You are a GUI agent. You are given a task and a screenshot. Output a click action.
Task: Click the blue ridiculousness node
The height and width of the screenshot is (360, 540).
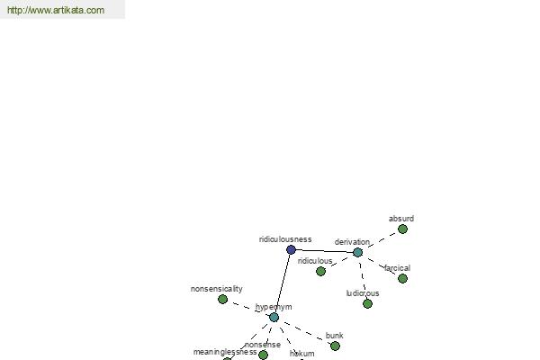(291, 249)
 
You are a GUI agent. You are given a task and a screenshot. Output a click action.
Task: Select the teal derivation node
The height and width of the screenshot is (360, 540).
(358, 252)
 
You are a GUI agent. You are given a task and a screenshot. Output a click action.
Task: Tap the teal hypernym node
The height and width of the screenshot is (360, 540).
(274, 318)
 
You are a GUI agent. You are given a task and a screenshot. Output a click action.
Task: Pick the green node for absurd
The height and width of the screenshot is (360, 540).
(402, 229)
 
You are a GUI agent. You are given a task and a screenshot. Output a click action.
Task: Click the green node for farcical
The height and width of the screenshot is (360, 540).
(402, 278)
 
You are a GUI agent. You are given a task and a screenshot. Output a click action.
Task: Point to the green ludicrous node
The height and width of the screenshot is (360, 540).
(367, 304)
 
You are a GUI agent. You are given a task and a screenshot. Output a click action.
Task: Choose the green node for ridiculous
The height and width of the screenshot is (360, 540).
(320, 272)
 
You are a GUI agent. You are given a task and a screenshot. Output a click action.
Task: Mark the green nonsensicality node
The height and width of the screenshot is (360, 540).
(223, 299)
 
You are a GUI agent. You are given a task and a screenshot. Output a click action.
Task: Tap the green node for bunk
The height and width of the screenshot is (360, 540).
(335, 346)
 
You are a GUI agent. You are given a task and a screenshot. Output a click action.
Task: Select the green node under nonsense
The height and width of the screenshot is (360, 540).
(263, 355)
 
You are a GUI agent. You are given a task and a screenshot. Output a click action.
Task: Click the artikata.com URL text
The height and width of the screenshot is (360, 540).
(56, 10)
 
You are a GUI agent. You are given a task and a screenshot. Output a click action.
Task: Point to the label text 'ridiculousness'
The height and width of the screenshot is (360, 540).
(285, 239)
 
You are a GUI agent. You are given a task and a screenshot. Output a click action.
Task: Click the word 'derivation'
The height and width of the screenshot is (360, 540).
(352, 242)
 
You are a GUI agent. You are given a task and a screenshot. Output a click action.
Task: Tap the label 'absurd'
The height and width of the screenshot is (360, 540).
(401, 219)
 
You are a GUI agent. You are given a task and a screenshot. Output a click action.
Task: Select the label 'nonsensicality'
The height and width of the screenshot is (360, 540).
(217, 289)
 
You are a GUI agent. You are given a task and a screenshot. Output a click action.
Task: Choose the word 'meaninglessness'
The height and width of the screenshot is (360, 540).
(225, 352)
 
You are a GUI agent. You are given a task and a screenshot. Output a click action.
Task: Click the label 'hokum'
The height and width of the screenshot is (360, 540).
(302, 354)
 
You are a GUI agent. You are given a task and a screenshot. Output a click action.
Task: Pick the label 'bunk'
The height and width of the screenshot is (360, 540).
(335, 336)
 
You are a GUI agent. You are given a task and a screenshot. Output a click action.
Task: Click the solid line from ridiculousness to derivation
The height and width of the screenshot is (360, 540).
(324, 251)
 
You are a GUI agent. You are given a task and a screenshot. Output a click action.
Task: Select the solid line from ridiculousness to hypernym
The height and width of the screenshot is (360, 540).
(283, 283)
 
